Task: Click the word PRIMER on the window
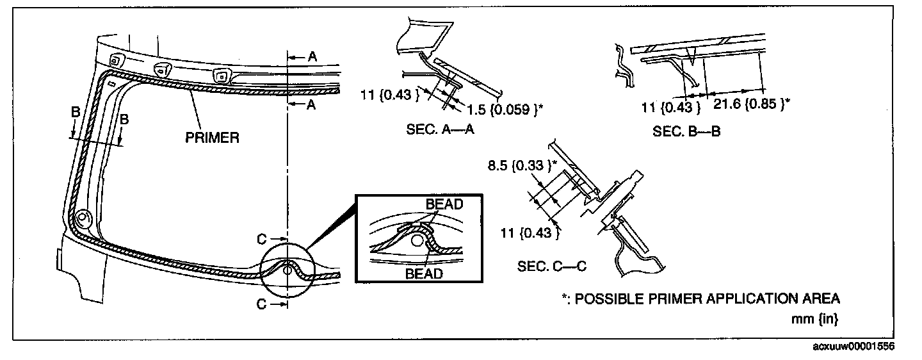(x=212, y=137)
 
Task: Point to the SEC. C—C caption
(x=552, y=265)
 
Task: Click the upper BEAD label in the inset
(x=444, y=204)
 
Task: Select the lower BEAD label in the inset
(x=424, y=274)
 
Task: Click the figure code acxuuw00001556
(x=854, y=346)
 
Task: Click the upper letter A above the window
(x=312, y=57)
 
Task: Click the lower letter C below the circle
(x=261, y=305)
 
